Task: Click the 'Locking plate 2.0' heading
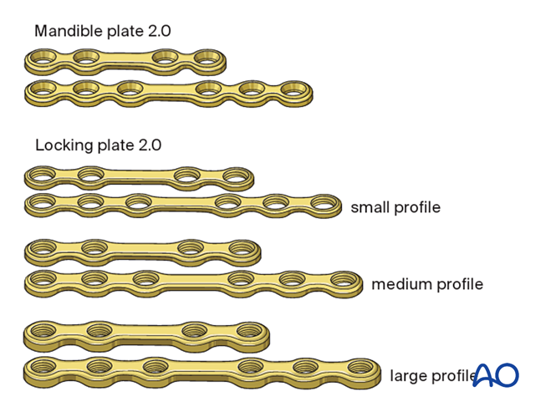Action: pos(98,145)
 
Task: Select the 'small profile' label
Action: pos(395,206)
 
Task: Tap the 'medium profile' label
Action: pos(427,284)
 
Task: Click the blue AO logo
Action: pos(497,375)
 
